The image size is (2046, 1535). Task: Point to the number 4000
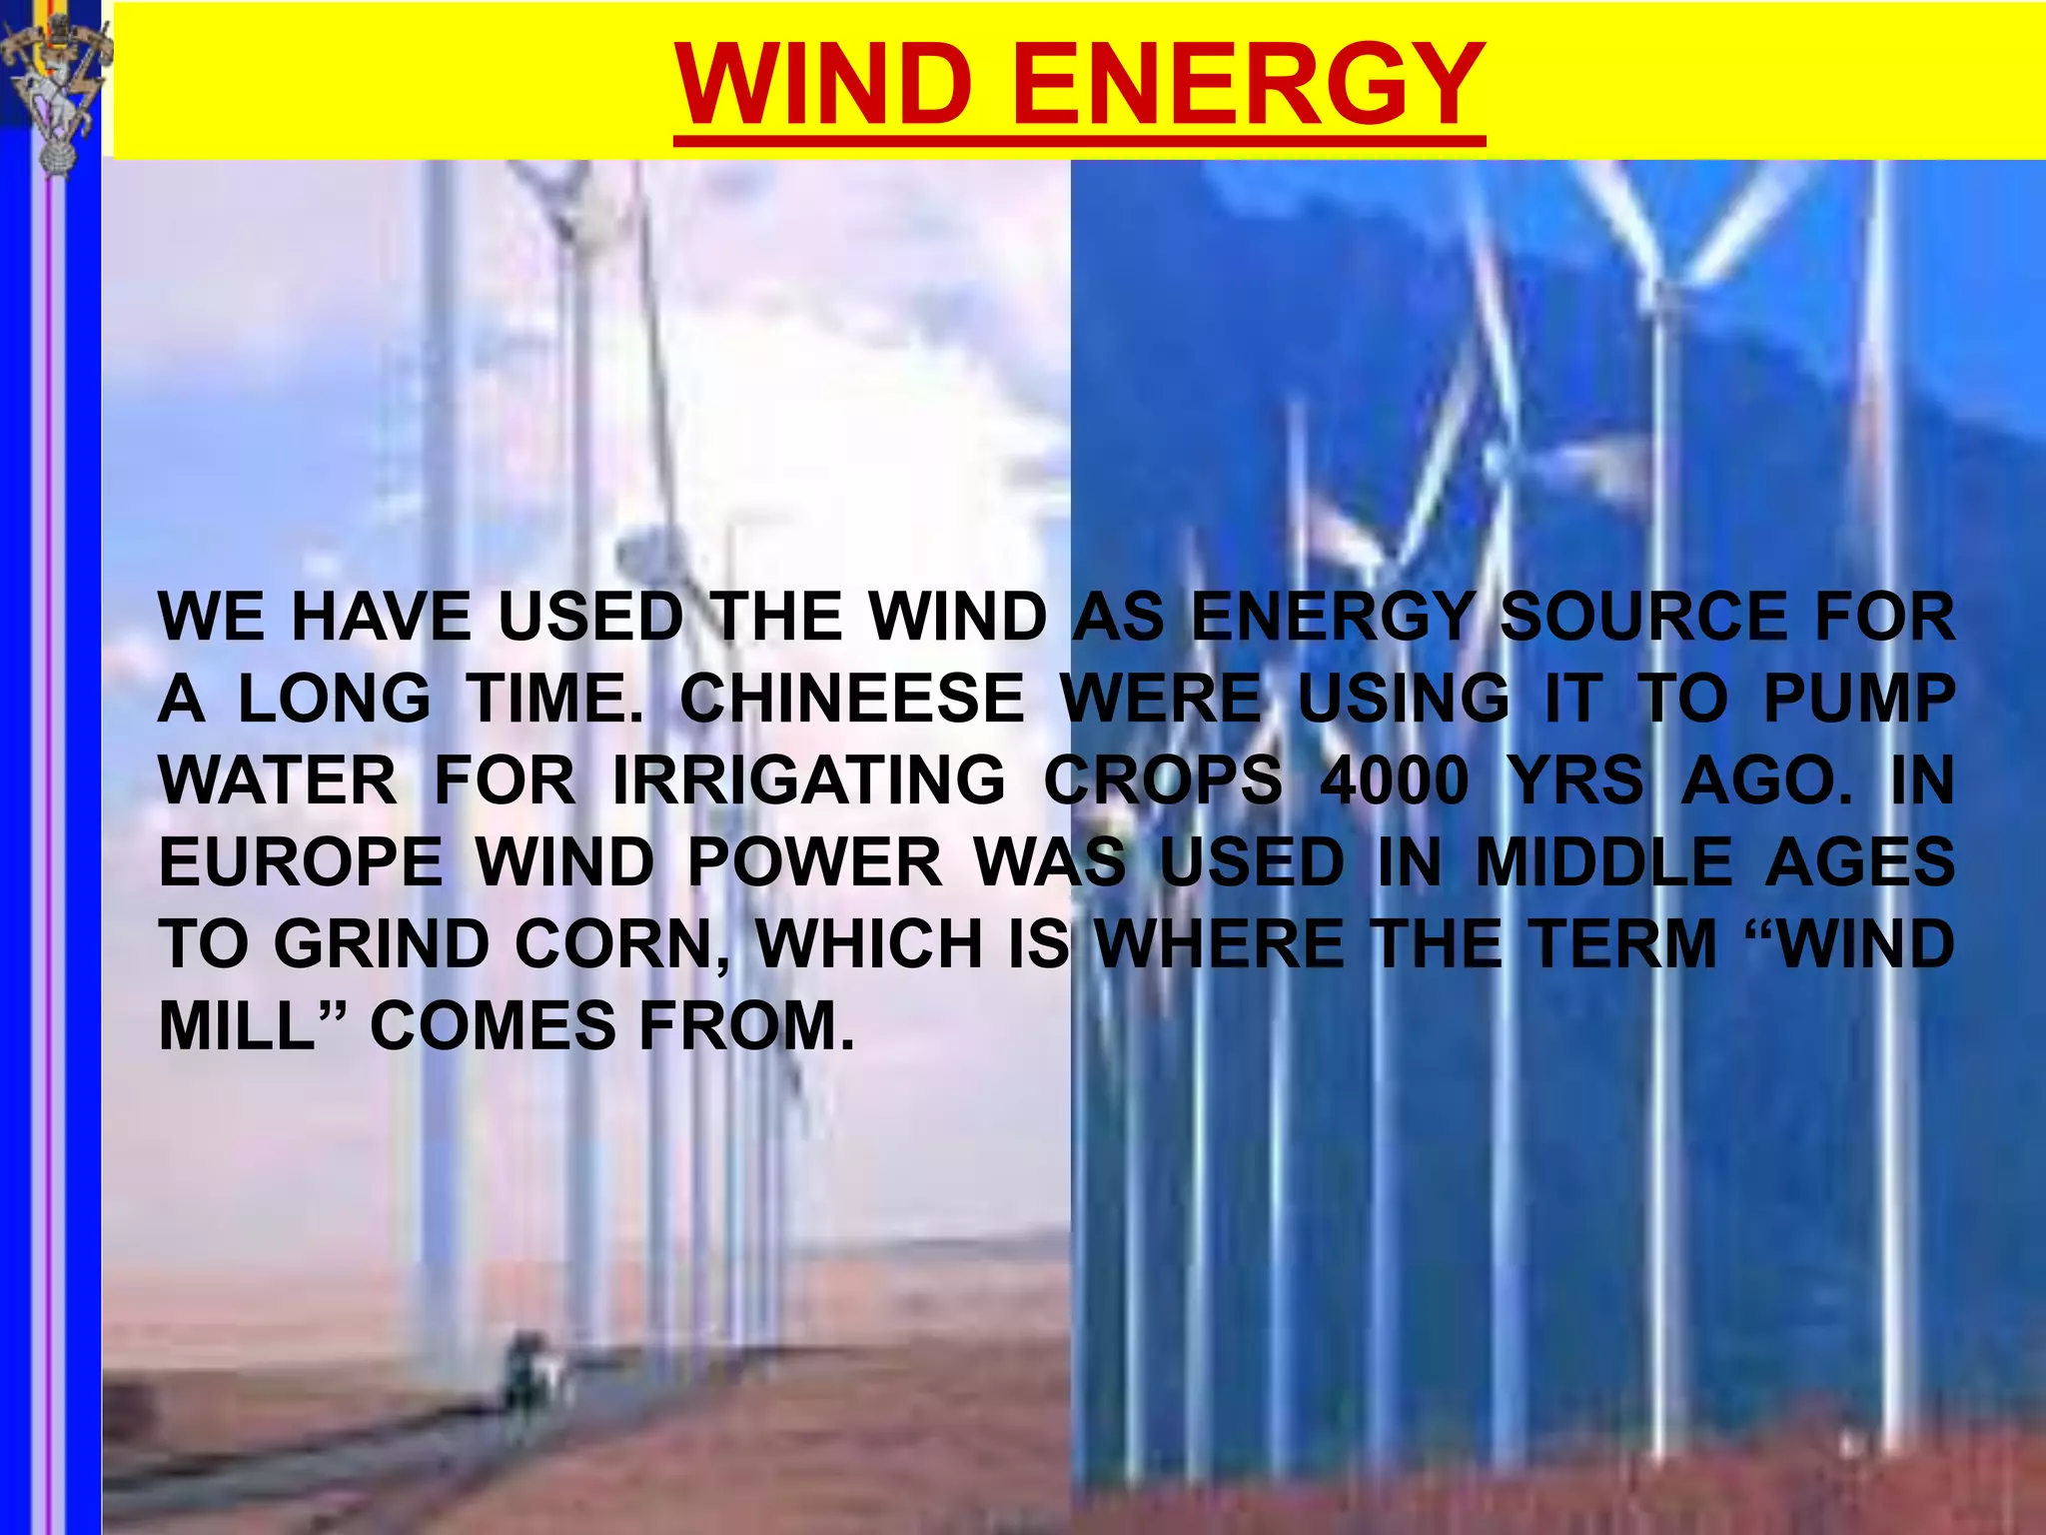[1395, 780]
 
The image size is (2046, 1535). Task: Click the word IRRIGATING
[808, 780]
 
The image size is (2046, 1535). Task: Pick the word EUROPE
[301, 862]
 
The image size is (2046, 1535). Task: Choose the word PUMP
[1858, 699]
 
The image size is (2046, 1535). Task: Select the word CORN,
[622, 944]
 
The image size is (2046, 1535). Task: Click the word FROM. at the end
[747, 1026]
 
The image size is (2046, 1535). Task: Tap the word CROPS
[1163, 780]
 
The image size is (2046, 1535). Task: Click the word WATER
[279, 780]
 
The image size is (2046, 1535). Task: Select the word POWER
[815, 862]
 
